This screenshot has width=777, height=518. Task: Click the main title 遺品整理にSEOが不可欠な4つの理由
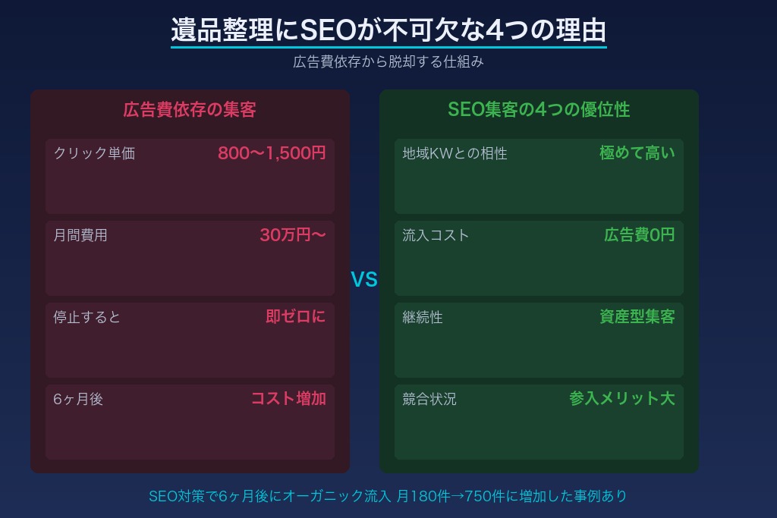click(388, 31)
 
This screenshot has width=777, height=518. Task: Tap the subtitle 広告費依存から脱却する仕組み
click(388, 62)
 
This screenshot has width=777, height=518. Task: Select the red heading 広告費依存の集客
click(190, 110)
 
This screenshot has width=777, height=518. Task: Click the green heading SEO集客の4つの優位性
click(539, 110)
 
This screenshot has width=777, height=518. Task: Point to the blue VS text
click(364, 281)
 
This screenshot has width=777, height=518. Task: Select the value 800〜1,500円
click(272, 153)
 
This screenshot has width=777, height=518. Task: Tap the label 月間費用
click(80, 235)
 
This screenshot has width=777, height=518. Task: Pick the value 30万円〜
click(293, 235)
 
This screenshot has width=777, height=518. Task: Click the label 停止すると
click(87, 317)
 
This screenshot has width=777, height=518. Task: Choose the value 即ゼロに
click(296, 317)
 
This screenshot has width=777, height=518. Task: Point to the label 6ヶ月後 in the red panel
click(78, 399)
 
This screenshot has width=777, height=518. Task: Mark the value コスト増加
click(288, 399)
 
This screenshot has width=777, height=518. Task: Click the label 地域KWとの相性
click(455, 153)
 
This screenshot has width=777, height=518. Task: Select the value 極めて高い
click(637, 153)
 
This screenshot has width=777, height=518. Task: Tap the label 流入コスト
click(436, 235)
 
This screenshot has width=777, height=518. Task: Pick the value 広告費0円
click(639, 235)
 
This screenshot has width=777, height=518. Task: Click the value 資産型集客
click(637, 317)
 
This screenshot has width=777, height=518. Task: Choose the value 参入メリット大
click(621, 399)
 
